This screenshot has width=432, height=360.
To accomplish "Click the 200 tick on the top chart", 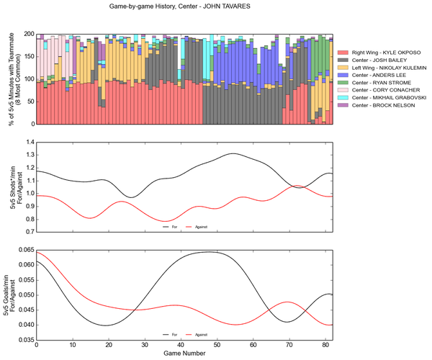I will tap(27, 34).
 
